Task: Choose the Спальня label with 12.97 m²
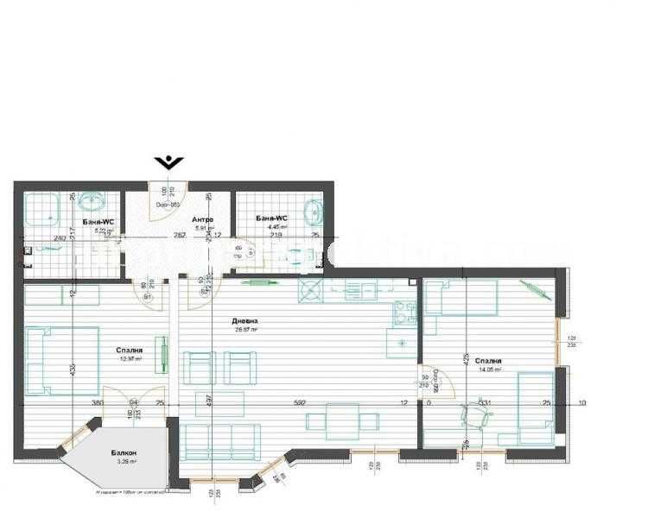point(130,351)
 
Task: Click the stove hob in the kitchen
point(403,311)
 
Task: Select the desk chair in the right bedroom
point(476,416)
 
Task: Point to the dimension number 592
point(301,402)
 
